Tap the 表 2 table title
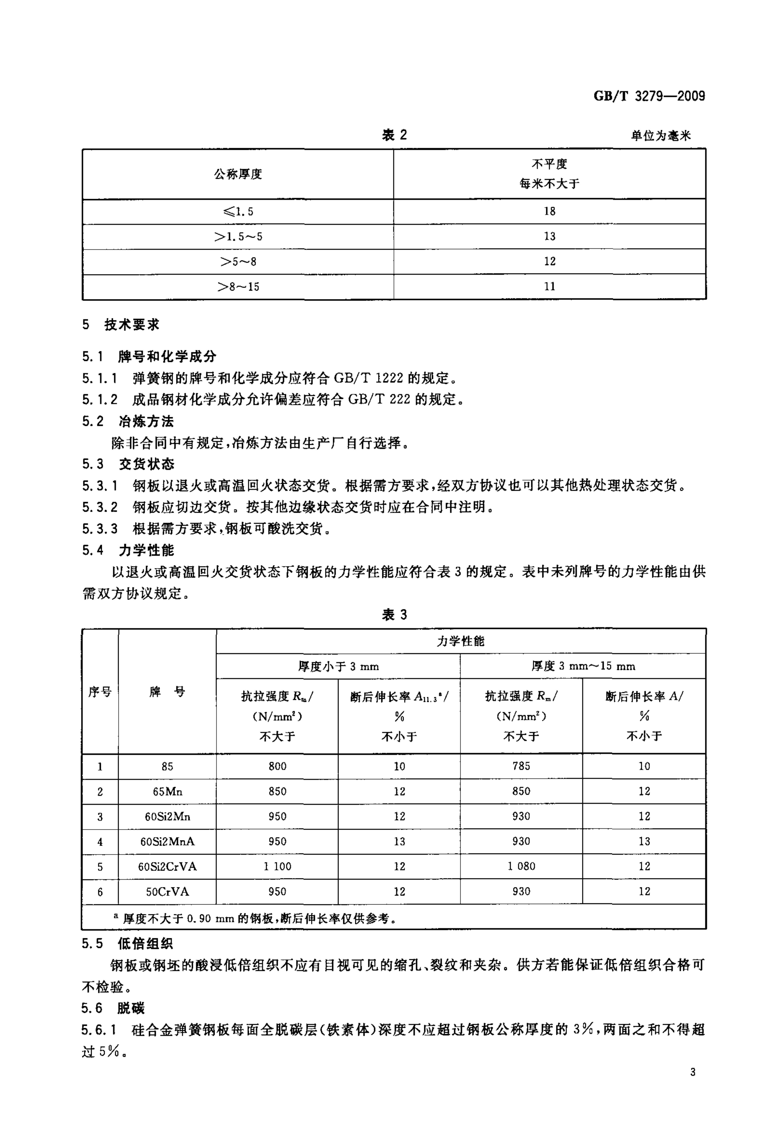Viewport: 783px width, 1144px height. tap(394, 135)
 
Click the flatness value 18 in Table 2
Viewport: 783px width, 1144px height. tap(549, 211)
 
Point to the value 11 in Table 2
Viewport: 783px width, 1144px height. tap(549, 287)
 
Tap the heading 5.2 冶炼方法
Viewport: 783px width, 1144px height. tap(128, 421)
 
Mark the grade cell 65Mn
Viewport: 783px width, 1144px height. tap(167, 792)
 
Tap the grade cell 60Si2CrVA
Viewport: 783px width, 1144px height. tap(167, 866)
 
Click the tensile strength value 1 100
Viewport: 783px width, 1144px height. tap(277, 866)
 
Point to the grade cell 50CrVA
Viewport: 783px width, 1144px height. tap(167, 891)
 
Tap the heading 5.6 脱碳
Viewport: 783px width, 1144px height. tap(113, 1008)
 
